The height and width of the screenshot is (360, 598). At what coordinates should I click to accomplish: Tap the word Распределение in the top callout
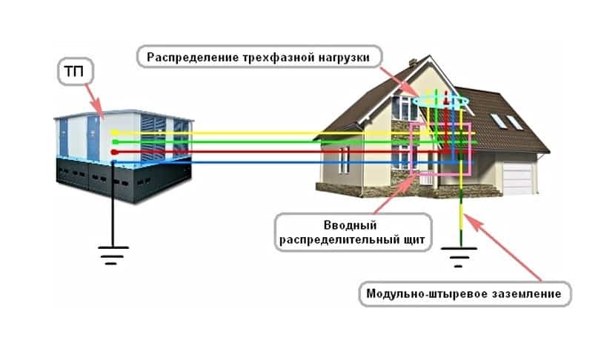click(x=187, y=56)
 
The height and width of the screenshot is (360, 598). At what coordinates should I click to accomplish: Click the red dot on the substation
click(x=113, y=151)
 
